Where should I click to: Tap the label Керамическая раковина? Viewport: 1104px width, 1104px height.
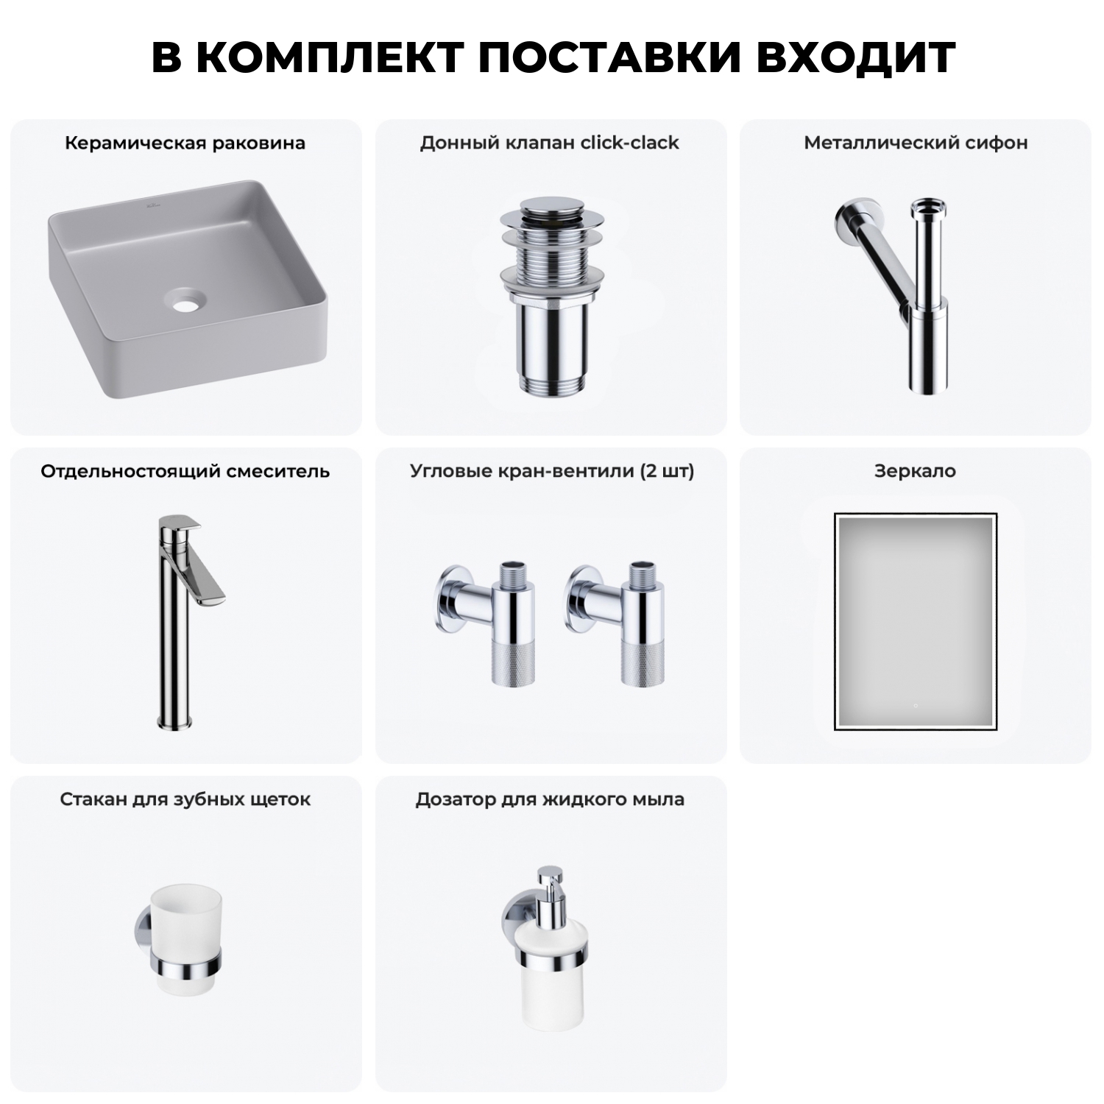tap(185, 143)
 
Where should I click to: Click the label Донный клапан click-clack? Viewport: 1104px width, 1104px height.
tap(550, 143)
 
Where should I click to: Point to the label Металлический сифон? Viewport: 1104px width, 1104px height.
tap(916, 143)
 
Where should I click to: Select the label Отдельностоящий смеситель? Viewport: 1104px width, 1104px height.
tap(185, 471)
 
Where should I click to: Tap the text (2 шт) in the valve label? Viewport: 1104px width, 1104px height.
tap(667, 471)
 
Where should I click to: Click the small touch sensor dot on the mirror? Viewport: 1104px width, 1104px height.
tap(915, 706)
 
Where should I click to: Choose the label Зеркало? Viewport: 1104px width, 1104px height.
tap(915, 471)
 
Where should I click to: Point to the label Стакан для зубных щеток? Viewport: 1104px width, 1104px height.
tap(185, 799)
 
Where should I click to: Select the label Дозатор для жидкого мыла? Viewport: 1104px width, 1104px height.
tap(550, 799)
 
